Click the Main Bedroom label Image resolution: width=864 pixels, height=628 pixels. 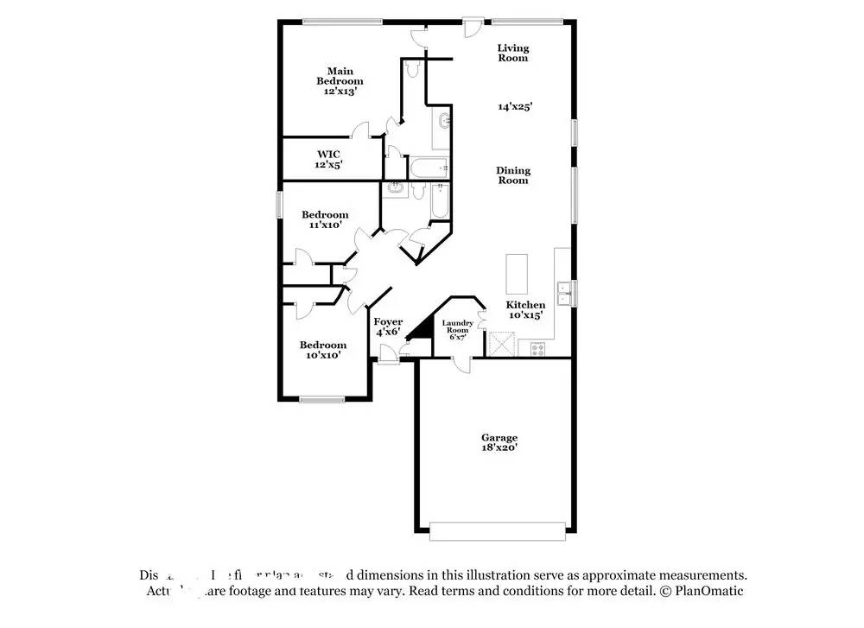click(339, 80)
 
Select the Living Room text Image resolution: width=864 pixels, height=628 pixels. click(512, 53)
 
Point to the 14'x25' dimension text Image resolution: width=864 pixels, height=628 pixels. click(515, 107)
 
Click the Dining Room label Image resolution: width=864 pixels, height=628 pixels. click(512, 175)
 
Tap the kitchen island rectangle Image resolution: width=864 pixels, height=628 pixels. click(517, 275)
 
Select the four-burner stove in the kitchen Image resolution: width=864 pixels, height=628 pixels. click(537, 349)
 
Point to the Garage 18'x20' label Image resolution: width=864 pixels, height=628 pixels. click(499, 442)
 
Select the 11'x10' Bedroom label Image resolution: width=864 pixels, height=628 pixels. click(324, 219)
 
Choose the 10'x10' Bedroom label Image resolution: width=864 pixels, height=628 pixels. click(323, 349)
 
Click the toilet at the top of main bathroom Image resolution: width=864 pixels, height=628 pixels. click(411, 68)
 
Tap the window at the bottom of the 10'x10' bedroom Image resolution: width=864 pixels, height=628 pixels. click(323, 399)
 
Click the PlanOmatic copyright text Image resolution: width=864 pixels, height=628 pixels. click(702, 592)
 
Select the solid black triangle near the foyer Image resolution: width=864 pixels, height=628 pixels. click(422, 327)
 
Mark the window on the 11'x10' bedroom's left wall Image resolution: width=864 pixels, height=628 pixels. click(279, 204)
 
